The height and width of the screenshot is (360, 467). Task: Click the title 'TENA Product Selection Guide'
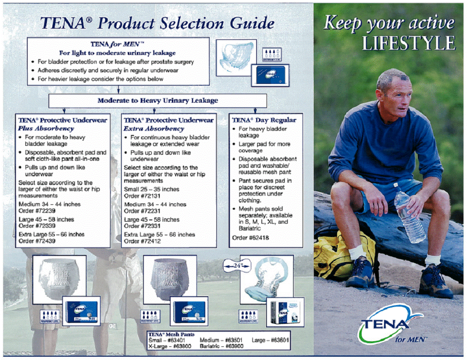pyautogui.click(x=157, y=22)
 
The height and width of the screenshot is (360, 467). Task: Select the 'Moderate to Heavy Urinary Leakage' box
pyautogui.click(x=157, y=100)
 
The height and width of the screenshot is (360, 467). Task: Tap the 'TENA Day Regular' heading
pyautogui.click(x=264, y=120)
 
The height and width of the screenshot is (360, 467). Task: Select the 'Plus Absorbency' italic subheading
pyautogui.click(x=46, y=128)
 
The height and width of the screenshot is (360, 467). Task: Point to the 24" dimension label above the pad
pyautogui.click(x=236, y=265)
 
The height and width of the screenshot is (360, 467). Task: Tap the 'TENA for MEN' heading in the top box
pyautogui.click(x=117, y=45)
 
